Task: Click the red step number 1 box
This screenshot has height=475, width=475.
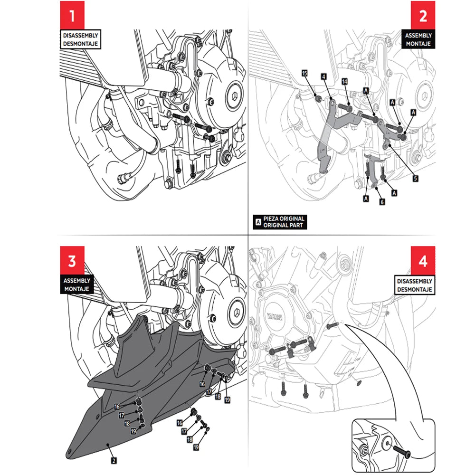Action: click(72, 16)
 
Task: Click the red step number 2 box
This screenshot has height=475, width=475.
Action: click(423, 16)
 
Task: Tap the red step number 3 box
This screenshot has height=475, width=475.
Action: click(72, 261)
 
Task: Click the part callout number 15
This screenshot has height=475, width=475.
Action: click(305, 73)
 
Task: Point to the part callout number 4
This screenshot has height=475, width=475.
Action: click(323, 76)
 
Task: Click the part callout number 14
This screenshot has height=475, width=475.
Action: click(344, 82)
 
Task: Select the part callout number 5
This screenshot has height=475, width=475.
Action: click(415, 178)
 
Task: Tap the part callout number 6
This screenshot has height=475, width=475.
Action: click(381, 201)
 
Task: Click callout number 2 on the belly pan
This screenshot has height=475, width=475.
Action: click(114, 460)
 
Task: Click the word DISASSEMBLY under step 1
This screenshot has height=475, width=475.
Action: click(81, 35)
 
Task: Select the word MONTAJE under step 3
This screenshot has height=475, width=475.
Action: click(79, 288)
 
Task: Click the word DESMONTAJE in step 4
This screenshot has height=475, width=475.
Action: click(414, 289)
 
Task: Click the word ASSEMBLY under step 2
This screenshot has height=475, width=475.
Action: click(418, 36)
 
